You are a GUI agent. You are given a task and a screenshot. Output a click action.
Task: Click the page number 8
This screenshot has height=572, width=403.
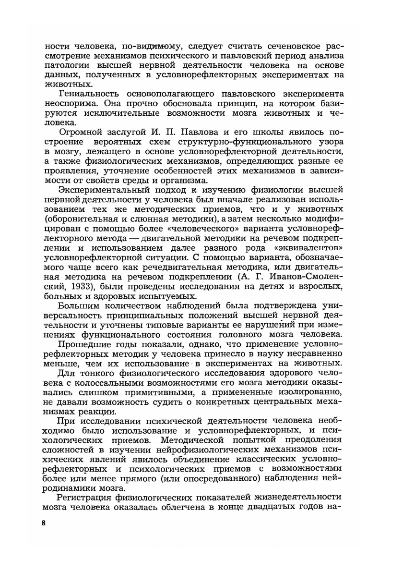click(x=43, y=523)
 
